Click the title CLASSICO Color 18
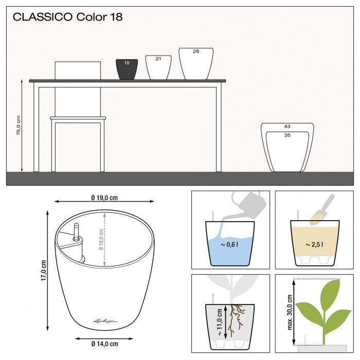pos(67,17)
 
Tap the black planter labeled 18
pos(127,70)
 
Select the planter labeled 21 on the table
pos(158,68)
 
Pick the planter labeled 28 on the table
pos(196,64)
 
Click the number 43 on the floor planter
pos(287,127)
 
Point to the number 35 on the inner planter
pos(287,135)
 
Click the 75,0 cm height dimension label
pos(18,125)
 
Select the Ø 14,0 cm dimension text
pos(104,344)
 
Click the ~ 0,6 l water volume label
pos(230,245)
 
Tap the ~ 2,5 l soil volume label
pos(315,245)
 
